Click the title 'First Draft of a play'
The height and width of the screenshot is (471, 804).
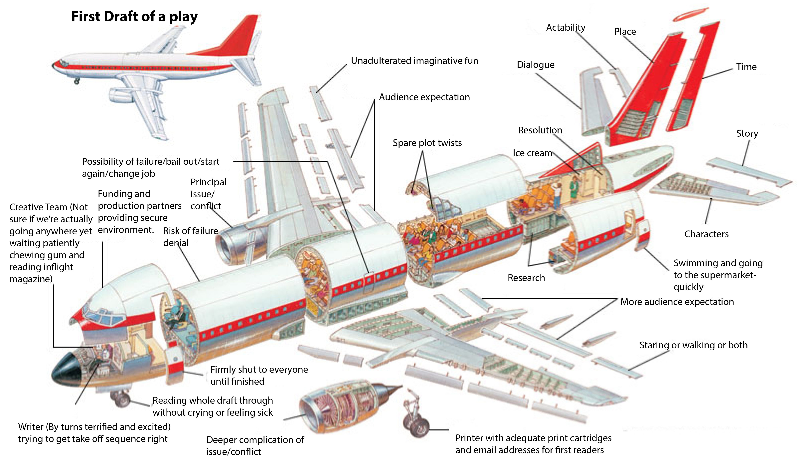pyautogui.click(x=134, y=17)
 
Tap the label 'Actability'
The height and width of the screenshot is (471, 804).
pyautogui.click(x=566, y=28)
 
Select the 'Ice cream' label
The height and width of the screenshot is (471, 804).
pyautogui.click(x=532, y=153)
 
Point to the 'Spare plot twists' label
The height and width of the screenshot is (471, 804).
pyautogui.click(x=427, y=143)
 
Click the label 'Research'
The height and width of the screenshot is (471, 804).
pyautogui.click(x=526, y=278)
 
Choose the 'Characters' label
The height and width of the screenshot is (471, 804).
pyautogui.click(x=706, y=234)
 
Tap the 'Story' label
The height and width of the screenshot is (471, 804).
pyautogui.click(x=747, y=133)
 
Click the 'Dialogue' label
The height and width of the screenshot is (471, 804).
pyautogui.click(x=535, y=65)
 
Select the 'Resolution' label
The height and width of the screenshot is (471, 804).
pyautogui.click(x=540, y=130)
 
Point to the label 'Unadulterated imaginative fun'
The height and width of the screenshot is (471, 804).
pyautogui.click(x=414, y=61)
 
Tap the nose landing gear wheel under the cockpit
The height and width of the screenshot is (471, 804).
pyautogui.click(x=121, y=399)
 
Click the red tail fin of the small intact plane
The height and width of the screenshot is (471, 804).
pyautogui.click(x=242, y=35)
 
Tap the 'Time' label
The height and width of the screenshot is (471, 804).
pyautogui.click(x=746, y=67)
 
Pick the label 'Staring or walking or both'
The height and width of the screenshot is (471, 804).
pyautogui.click(x=693, y=345)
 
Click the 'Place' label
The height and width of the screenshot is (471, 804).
pyautogui.click(x=625, y=32)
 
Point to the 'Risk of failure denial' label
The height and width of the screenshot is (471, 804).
pyautogui.click(x=191, y=237)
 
